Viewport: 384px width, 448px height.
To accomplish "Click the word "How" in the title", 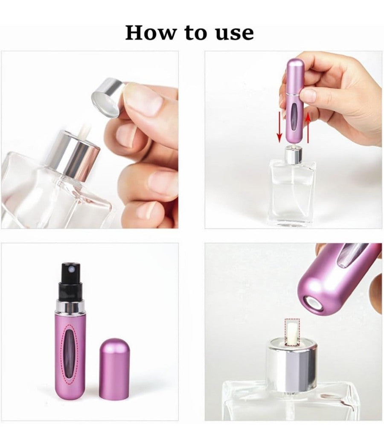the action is point(151,32).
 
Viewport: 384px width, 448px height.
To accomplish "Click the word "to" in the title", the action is point(196,33).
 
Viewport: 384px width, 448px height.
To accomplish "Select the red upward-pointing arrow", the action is point(308,128).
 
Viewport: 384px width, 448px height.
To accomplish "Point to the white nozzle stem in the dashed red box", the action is point(292,332).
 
